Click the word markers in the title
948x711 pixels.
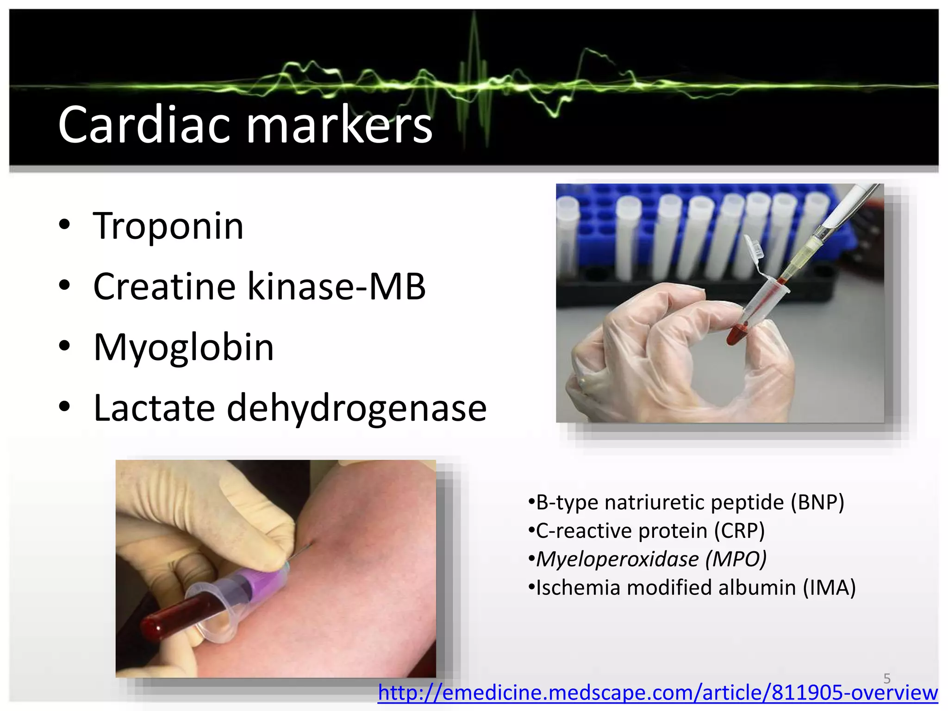click(339, 125)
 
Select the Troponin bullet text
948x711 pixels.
click(168, 226)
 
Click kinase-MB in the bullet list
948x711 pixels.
click(337, 287)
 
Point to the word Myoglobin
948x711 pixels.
click(184, 348)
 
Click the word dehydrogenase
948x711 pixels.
click(356, 408)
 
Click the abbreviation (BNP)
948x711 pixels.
click(817, 502)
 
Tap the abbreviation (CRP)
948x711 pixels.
click(739, 530)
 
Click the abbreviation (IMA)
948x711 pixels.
click(829, 587)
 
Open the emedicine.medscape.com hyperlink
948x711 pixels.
click(657, 693)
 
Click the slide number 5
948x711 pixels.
click(886, 678)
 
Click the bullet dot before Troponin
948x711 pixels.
click(64, 225)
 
